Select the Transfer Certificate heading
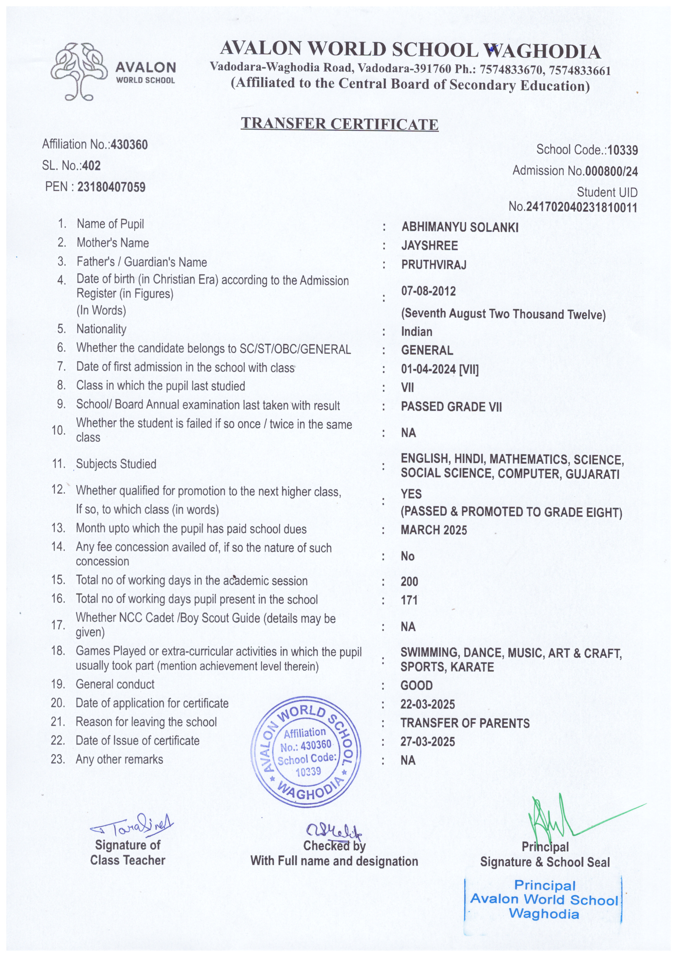click(339, 124)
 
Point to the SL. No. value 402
click(92, 166)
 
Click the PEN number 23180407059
click(111, 187)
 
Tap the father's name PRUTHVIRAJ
click(434, 265)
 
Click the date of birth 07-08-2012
click(428, 291)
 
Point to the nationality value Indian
click(416, 332)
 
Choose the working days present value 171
click(409, 600)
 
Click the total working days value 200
click(409, 582)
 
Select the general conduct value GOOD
click(416, 686)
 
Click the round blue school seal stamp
click(306, 752)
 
